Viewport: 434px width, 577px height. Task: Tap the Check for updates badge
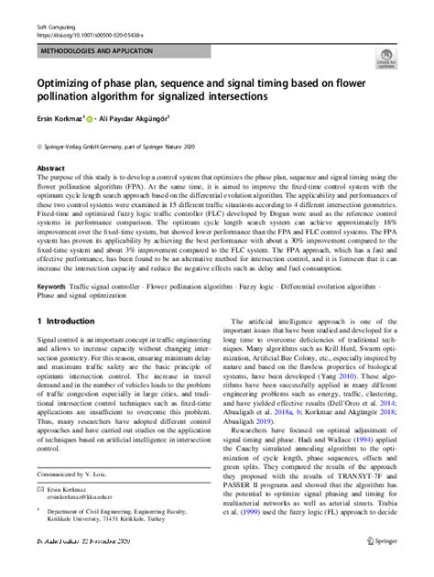click(x=396, y=61)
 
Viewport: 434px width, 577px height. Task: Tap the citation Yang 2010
click(x=347, y=375)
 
